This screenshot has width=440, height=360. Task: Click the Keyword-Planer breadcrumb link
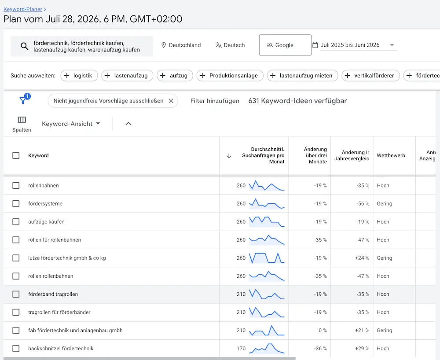pyautogui.click(x=23, y=9)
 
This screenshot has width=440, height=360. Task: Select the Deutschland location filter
pyautogui.click(x=181, y=45)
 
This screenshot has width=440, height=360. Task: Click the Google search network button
pyautogui.click(x=285, y=45)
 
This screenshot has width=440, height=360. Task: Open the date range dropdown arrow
pyautogui.click(x=392, y=45)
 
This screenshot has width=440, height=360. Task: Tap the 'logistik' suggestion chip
pyautogui.click(x=79, y=76)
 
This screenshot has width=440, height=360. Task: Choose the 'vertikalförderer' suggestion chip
pyautogui.click(x=370, y=76)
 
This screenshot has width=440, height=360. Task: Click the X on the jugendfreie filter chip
pyautogui.click(x=171, y=101)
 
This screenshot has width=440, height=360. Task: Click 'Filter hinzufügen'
pyautogui.click(x=215, y=101)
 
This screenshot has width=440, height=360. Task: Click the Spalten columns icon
pyautogui.click(x=22, y=120)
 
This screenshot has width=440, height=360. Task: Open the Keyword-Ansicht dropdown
pyautogui.click(x=71, y=124)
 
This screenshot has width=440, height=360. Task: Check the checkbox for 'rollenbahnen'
pyautogui.click(x=16, y=185)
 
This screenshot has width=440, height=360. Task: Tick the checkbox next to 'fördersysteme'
pyautogui.click(x=16, y=203)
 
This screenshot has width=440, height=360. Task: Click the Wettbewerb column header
pyautogui.click(x=391, y=155)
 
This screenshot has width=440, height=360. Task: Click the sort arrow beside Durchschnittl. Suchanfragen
pyautogui.click(x=229, y=156)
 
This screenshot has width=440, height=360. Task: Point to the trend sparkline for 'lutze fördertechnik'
pyautogui.click(x=267, y=258)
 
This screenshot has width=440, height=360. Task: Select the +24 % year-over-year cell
pyautogui.click(x=362, y=258)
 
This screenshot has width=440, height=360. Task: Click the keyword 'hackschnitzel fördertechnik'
pyautogui.click(x=61, y=348)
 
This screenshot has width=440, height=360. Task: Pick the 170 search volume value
pyautogui.click(x=241, y=348)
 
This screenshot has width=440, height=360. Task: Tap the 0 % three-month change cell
pyautogui.click(x=323, y=330)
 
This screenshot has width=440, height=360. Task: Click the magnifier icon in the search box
pyautogui.click(x=24, y=46)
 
